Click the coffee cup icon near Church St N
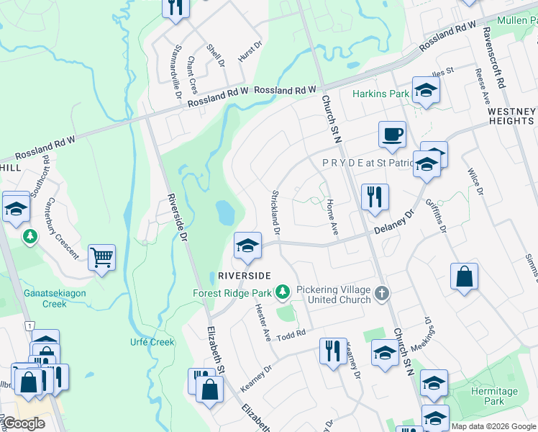[x=392, y=135]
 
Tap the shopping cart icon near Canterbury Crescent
[x=101, y=257]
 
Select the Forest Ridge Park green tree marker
[x=283, y=292]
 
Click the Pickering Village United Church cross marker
[x=382, y=293]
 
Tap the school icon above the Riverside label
[x=247, y=246]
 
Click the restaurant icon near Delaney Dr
[x=374, y=197]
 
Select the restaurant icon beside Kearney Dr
[x=333, y=351]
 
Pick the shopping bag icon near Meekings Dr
[x=465, y=276]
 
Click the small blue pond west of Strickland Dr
[x=225, y=212]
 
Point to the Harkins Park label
[x=380, y=94]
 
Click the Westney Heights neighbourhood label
[x=511, y=116]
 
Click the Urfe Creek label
[x=152, y=342]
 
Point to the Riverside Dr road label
[x=177, y=216]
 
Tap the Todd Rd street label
[x=292, y=334]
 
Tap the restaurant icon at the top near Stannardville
[x=175, y=7]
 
